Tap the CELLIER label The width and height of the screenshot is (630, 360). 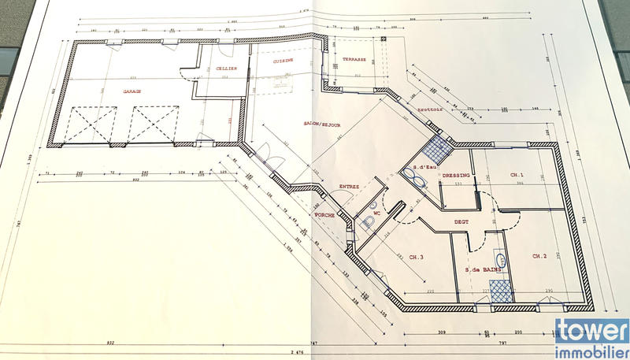click(227, 69)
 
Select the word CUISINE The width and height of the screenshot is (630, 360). click(283, 60)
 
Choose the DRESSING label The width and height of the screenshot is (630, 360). click(457, 176)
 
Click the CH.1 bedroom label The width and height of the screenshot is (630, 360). click(517, 175)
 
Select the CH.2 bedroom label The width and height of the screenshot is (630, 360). click(539, 256)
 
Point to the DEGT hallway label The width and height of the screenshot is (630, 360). click(461, 222)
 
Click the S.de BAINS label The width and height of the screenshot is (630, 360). click(483, 270)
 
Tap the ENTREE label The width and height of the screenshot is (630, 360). click(349, 187)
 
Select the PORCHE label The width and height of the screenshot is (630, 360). click(324, 215)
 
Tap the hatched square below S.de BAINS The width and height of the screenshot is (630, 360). click(501, 291)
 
